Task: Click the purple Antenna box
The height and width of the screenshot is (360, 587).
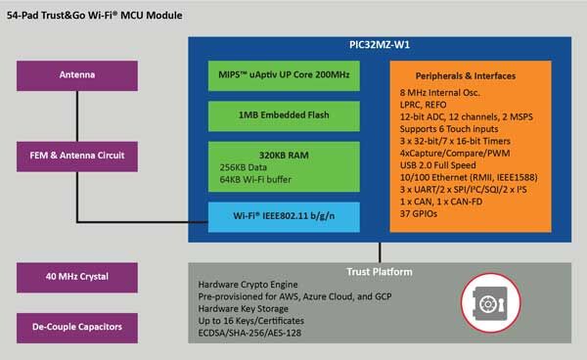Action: (x=77, y=75)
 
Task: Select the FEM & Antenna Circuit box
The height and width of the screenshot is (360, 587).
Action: (x=77, y=157)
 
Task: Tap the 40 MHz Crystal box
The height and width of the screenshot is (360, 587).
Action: (x=77, y=277)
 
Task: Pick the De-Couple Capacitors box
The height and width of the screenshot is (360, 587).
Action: (x=77, y=328)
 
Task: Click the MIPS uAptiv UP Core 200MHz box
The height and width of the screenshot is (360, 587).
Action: (x=284, y=75)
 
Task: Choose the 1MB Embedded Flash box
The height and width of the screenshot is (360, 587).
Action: (x=284, y=116)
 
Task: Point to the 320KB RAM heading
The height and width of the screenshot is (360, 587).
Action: (x=284, y=156)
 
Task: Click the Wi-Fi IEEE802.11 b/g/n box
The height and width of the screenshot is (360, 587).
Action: (x=284, y=217)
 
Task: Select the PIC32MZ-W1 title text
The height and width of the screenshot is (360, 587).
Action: (x=380, y=45)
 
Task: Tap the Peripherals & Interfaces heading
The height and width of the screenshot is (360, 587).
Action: (x=466, y=76)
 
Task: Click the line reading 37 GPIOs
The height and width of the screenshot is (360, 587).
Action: (x=418, y=213)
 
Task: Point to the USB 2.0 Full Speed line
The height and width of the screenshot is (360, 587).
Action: (x=437, y=165)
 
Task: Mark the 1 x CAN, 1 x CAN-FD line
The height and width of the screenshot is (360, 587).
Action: (x=441, y=202)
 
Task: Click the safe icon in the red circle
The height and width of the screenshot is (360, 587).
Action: (x=490, y=302)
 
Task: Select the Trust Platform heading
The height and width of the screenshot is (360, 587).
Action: (x=380, y=272)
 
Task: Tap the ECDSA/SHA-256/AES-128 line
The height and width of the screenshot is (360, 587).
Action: (x=249, y=333)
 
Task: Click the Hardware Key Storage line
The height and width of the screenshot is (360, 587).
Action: (x=244, y=309)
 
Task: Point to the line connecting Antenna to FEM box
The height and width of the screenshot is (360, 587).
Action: (x=77, y=116)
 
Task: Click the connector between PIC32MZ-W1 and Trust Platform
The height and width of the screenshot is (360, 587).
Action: (x=380, y=252)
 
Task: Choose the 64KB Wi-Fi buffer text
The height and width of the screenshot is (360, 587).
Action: (x=255, y=180)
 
